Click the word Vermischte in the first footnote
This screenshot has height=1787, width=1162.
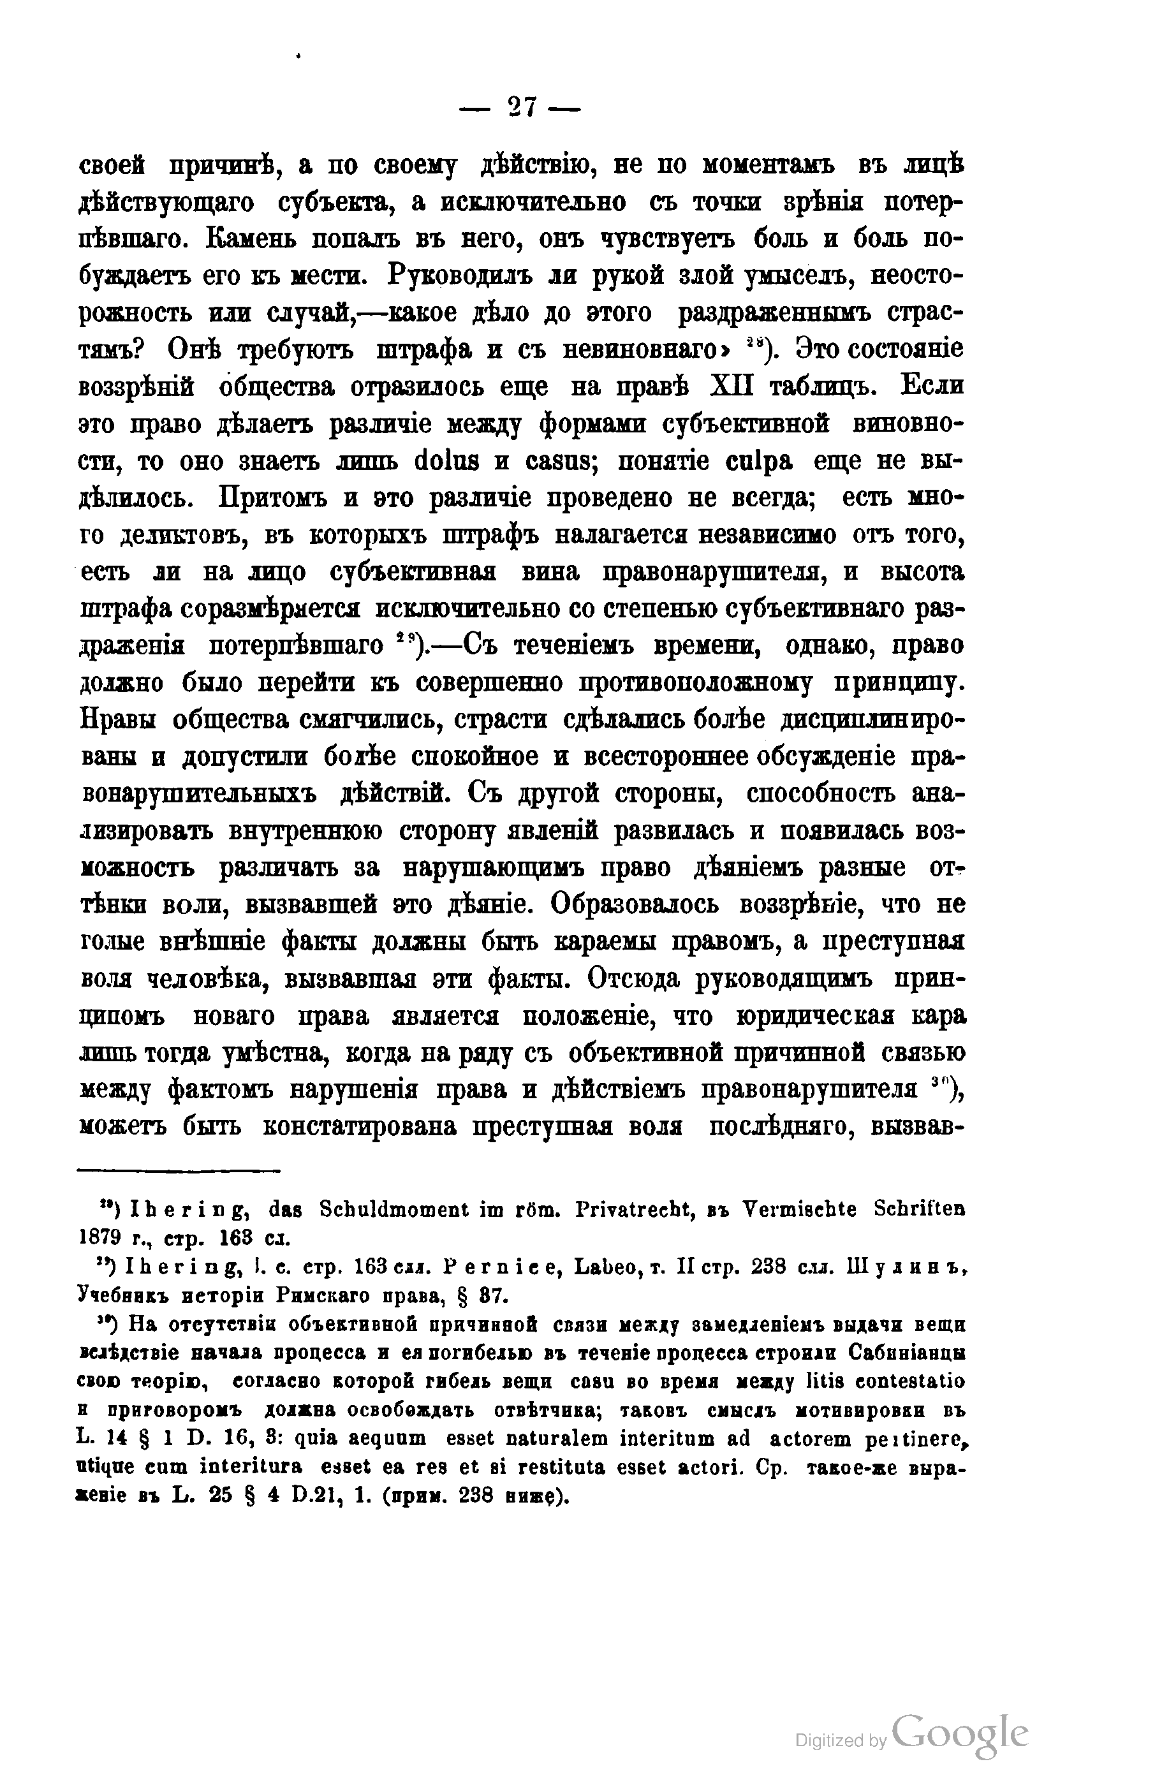pyautogui.click(x=798, y=1210)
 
